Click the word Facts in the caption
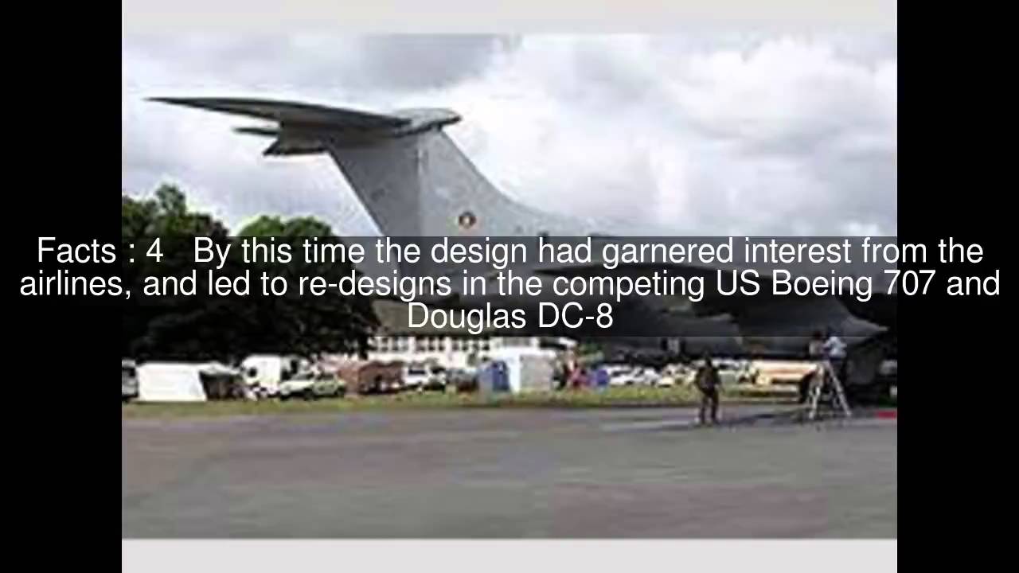click(76, 251)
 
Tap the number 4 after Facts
click(154, 251)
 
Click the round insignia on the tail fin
click(467, 220)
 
